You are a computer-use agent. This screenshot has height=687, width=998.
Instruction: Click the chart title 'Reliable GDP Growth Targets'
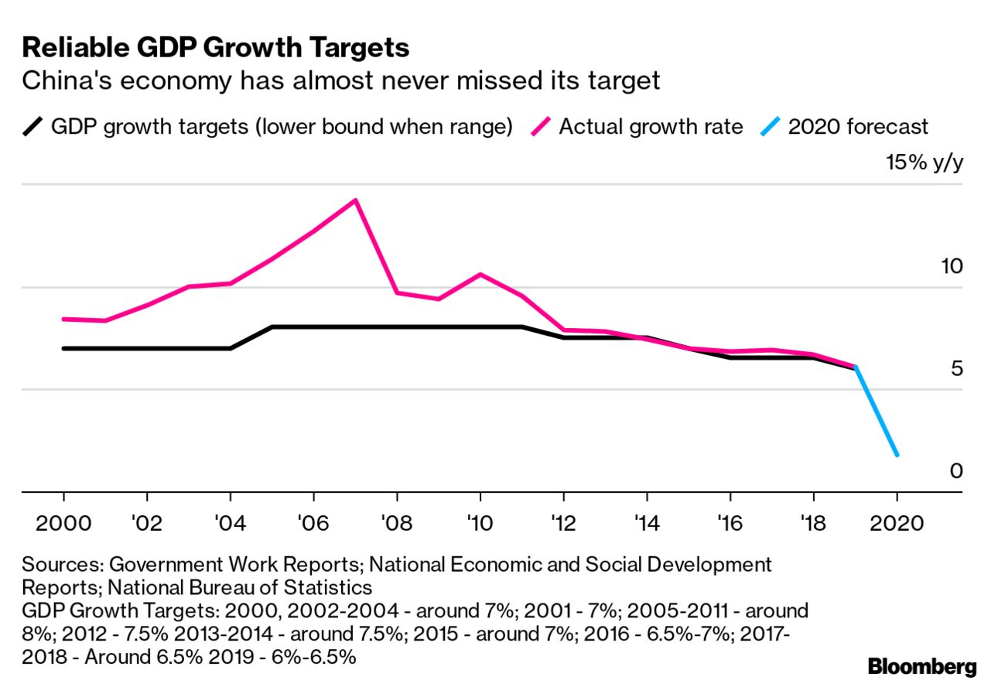[x=216, y=48]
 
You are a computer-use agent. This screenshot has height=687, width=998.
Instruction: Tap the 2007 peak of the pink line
[x=355, y=200]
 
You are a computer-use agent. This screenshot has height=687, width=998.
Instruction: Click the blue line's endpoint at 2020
[x=897, y=455]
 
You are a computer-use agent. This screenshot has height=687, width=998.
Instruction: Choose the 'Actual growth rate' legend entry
[x=650, y=126]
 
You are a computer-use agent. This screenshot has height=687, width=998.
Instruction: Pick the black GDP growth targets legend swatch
[x=32, y=126]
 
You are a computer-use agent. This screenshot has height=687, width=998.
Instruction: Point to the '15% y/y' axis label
[x=925, y=164]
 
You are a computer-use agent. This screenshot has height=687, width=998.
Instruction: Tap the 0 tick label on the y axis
[x=957, y=470]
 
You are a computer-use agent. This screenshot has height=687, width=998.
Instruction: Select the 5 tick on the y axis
[x=957, y=368]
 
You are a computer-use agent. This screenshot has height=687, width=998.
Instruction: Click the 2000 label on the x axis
[x=63, y=523]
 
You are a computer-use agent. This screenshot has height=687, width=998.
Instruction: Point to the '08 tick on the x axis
[x=397, y=523]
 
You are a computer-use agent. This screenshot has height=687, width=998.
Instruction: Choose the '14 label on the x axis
[x=647, y=523]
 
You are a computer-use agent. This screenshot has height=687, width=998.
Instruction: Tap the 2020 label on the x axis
[x=897, y=523]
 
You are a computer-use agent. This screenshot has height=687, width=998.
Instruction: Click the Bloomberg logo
[x=922, y=666]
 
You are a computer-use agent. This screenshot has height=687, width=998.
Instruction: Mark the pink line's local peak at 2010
[x=480, y=274]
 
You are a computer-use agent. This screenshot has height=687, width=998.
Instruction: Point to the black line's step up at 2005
[x=272, y=327]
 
